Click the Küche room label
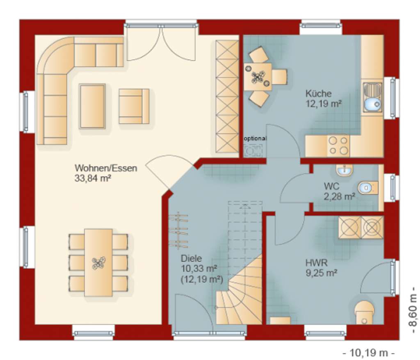(x=318, y=93)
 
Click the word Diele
(x=191, y=259)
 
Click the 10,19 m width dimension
(x=368, y=352)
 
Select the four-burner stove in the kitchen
(x=339, y=145)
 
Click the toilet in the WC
(x=366, y=188)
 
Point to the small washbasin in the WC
(x=344, y=170)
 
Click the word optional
(x=255, y=139)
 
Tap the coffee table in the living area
(x=92, y=106)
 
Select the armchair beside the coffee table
(x=134, y=106)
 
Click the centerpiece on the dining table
(x=98, y=262)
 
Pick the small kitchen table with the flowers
(x=258, y=77)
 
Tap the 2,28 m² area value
(x=339, y=197)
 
